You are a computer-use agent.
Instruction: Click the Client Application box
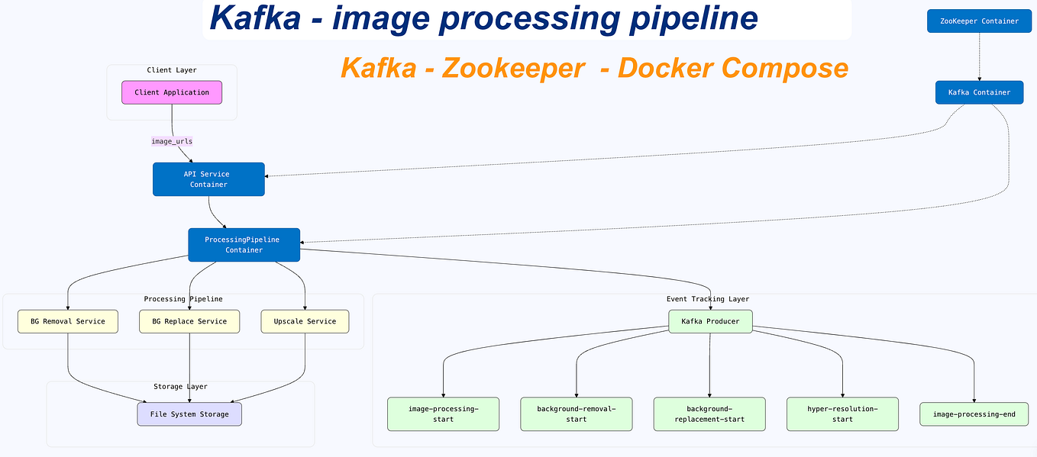[x=172, y=92]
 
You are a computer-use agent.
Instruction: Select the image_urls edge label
[x=172, y=141]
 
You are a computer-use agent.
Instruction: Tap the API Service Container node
[x=208, y=179]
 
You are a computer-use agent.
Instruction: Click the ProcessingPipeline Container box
[x=244, y=245]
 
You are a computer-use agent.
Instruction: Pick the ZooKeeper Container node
[x=978, y=21]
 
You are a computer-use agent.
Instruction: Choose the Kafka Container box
[x=979, y=92]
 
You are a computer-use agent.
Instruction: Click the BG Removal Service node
[x=68, y=321]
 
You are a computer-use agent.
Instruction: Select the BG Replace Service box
[x=189, y=321]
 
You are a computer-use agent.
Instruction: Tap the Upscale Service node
[x=305, y=321]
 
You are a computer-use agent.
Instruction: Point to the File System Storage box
[x=189, y=414]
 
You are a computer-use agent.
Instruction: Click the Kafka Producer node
[x=710, y=321]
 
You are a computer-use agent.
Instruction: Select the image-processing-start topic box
[x=443, y=414]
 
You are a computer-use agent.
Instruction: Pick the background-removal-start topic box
[x=577, y=414]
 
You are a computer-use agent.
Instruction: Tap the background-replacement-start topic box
[x=709, y=414]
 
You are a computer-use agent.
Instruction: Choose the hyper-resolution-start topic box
[x=842, y=414]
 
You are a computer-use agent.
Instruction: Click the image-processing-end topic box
[x=974, y=414]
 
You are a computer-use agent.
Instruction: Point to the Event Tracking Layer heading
[x=708, y=299]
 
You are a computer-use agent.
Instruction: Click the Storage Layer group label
[x=180, y=387]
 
